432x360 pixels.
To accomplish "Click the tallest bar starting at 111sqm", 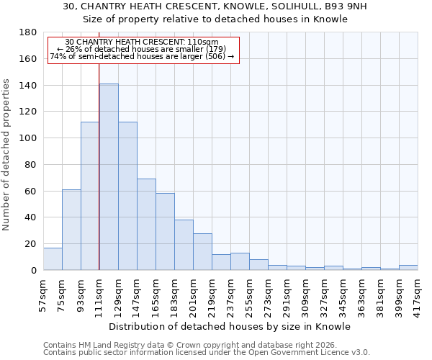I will click(109, 177).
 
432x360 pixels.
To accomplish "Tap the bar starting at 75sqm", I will click(71, 230).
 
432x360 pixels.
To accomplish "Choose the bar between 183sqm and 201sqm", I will click(184, 245).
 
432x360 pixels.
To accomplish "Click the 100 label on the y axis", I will click(28, 138).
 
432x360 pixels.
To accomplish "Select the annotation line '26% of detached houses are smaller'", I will click(142, 49).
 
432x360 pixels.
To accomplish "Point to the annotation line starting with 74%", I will click(142, 56).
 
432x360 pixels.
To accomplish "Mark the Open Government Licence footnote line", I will click(207, 352).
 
